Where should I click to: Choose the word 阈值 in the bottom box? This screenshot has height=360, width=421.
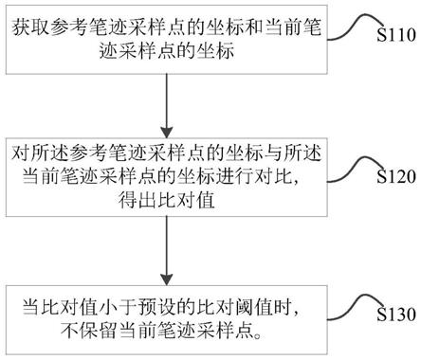(x=262, y=307)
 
